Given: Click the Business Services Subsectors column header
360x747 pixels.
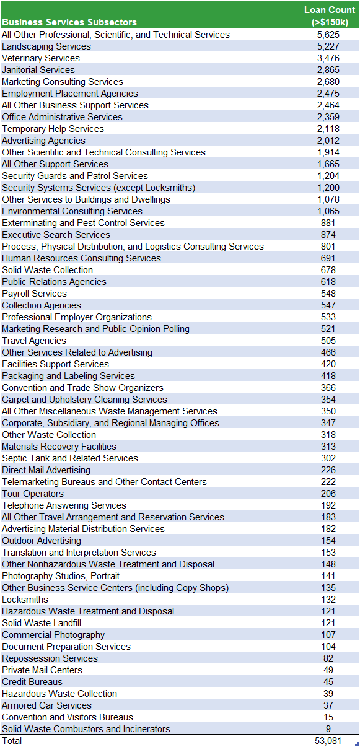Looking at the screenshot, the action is click(69, 22).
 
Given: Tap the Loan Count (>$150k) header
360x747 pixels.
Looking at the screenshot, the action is click(330, 16).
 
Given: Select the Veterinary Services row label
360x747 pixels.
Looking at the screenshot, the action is click(41, 58).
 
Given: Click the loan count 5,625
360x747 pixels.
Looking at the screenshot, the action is click(328, 35).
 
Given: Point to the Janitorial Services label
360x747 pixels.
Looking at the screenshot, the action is click(38, 70).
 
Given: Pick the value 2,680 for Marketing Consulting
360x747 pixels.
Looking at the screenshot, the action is click(328, 82).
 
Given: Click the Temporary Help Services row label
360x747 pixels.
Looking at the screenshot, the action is click(53, 129).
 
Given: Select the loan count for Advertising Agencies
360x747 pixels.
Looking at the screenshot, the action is click(328, 141).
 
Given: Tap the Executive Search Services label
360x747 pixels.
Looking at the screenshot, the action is click(56, 234).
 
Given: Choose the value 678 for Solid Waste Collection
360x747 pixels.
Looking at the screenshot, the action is click(328, 270).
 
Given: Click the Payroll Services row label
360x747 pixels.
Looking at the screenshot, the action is click(34, 294).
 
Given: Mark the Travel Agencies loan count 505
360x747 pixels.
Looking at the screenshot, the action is click(328, 341).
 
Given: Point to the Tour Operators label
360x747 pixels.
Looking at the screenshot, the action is click(33, 494).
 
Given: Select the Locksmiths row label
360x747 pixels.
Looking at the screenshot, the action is click(25, 599).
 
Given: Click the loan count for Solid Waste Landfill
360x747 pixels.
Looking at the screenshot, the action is click(328, 623).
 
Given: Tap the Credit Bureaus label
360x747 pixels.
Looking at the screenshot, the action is click(32, 681).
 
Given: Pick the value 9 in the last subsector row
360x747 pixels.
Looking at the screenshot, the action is click(328, 728).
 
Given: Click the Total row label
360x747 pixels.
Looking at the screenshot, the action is click(12, 741).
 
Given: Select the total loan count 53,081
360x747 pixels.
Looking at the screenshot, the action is click(328, 741).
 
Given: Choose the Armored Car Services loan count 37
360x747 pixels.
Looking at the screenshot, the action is click(328, 705).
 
